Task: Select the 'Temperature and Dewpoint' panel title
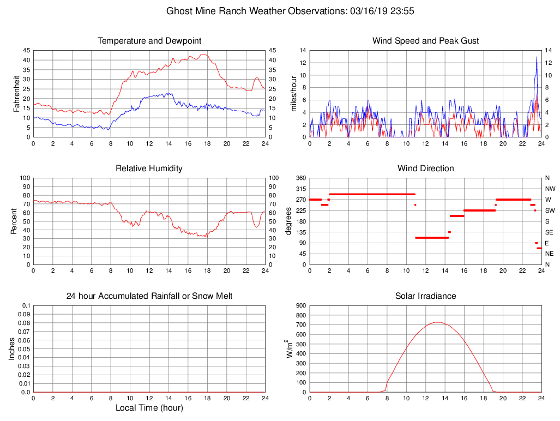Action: (149, 41)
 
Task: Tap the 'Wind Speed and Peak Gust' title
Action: (425, 41)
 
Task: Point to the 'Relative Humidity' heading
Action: (149, 169)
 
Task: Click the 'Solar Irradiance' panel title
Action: (425, 296)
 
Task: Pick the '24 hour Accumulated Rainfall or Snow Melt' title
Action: (149, 296)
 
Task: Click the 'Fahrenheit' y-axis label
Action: (17, 93)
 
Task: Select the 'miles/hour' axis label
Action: (293, 93)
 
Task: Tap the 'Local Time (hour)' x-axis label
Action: (149, 408)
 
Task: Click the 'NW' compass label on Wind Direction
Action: (549, 189)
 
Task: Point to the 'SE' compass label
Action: (549, 232)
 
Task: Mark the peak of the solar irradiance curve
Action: (437, 322)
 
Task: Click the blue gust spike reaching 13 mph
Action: (537, 57)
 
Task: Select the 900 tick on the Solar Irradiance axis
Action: (300, 306)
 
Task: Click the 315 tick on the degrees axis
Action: (299, 189)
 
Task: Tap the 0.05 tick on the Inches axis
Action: (25, 349)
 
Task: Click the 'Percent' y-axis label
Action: (15, 221)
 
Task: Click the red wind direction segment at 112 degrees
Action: (432, 238)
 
